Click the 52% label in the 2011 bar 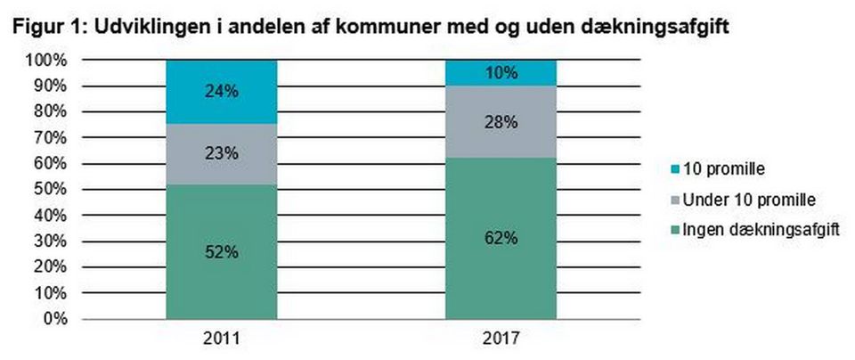click(221, 252)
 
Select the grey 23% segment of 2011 click(221, 153)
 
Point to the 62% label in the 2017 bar click(501, 239)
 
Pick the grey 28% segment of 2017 click(501, 123)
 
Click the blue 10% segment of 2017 click(501, 73)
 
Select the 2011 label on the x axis click(221, 339)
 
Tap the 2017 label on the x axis click(501, 339)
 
